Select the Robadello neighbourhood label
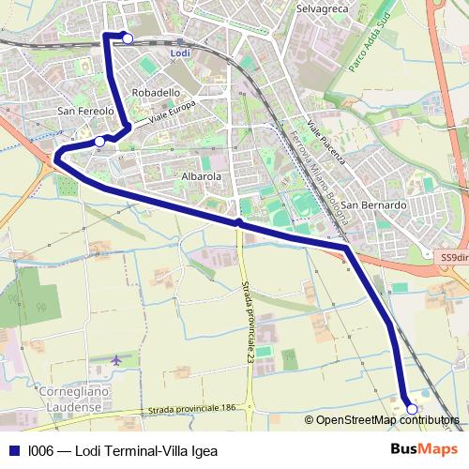point(156,93)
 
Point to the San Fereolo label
point(85,111)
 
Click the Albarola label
point(201,175)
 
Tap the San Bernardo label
point(372,204)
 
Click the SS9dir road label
point(454,257)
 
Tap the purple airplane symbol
point(116,359)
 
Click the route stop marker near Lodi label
point(128,38)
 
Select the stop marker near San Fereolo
point(99,142)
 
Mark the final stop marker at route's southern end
point(411,408)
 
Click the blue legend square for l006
point(13,450)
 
